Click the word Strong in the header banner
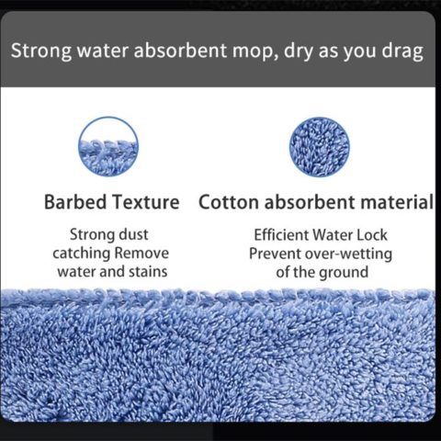click(x=41, y=51)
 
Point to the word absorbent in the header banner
click(x=180, y=51)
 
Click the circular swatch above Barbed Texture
click(x=108, y=147)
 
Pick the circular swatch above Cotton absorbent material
click(x=320, y=147)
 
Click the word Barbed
click(x=75, y=202)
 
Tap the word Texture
click(x=145, y=202)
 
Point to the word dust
click(x=133, y=234)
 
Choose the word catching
click(x=82, y=254)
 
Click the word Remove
click(x=141, y=254)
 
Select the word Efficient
click(x=281, y=235)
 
